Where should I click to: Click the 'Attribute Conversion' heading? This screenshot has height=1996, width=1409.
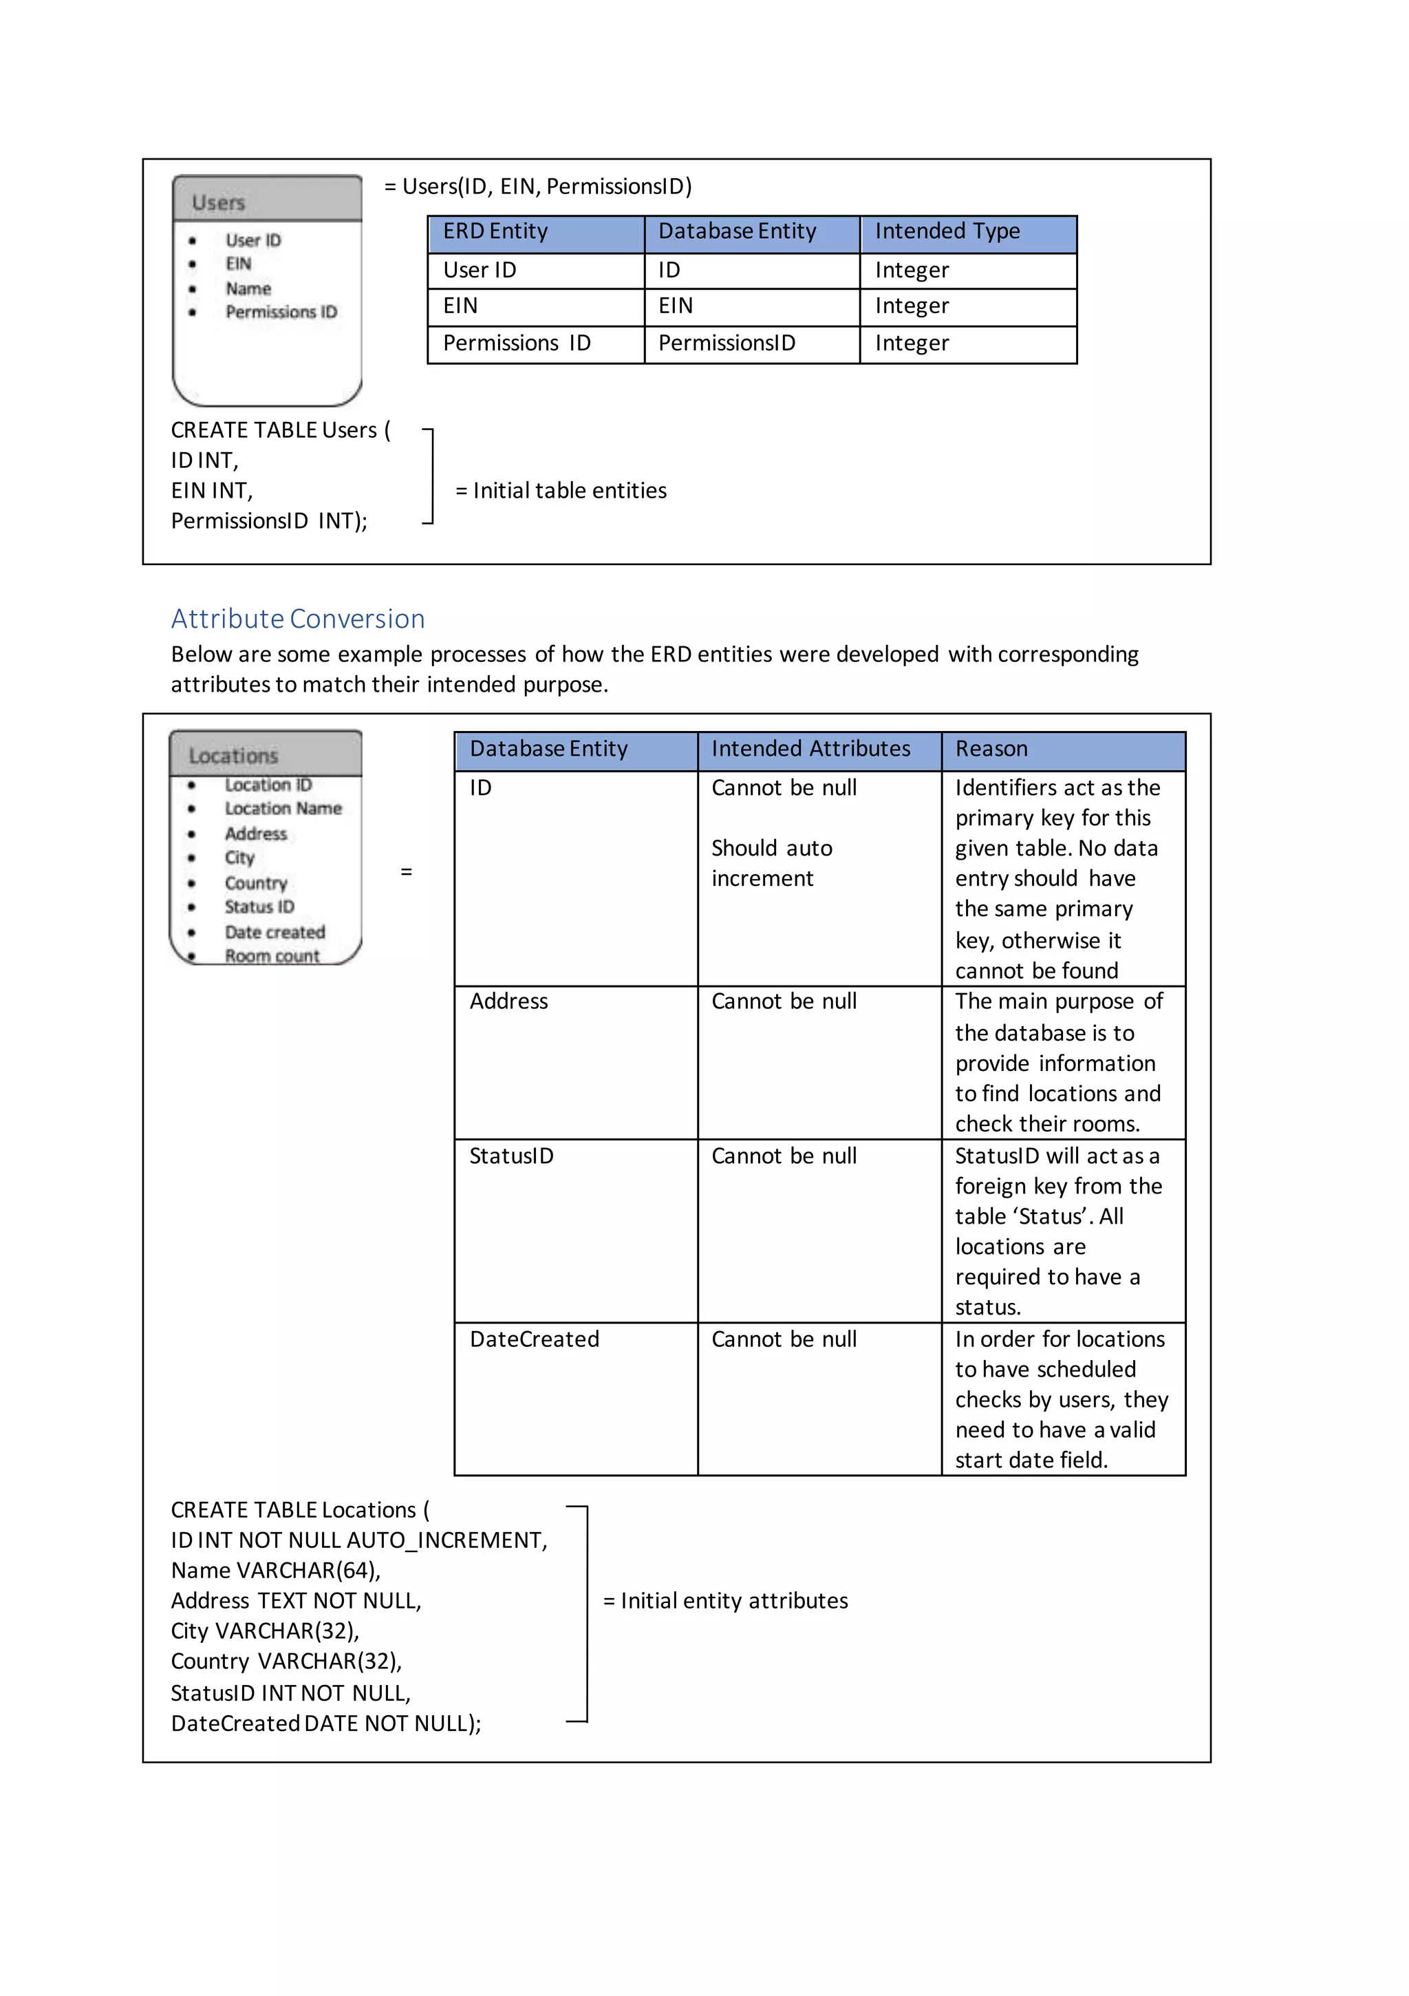pos(297,618)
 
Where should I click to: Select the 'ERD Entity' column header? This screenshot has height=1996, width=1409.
pos(495,231)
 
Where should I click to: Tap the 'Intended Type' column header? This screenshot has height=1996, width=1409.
pos(947,231)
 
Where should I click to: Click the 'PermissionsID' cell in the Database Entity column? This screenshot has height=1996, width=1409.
pos(727,343)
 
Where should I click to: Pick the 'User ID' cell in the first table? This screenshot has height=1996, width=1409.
pos(480,270)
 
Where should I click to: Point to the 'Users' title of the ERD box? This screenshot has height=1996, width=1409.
pos(218,202)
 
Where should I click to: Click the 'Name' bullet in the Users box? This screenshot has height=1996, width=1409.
pos(248,288)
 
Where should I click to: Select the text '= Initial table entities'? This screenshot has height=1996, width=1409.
pos(561,491)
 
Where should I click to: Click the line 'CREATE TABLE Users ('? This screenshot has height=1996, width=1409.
pos(280,430)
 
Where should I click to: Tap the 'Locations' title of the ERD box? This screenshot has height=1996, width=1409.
pos(233,756)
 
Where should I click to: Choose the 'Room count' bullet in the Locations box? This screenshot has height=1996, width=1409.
pos(272,955)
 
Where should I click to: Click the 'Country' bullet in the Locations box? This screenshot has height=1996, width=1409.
pos(255,882)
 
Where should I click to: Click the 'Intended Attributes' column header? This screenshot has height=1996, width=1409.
pos(810,749)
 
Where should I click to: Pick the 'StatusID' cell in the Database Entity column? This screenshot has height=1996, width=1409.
pos(511,1156)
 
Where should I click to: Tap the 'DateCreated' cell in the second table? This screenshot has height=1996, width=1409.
pos(534,1339)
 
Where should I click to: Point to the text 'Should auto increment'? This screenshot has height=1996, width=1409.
pos(771,863)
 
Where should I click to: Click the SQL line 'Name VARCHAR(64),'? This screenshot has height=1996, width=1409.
pos(276,1571)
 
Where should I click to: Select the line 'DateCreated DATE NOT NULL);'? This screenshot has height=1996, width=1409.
pos(326,1724)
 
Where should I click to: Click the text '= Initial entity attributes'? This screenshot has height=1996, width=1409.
pos(725,1602)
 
